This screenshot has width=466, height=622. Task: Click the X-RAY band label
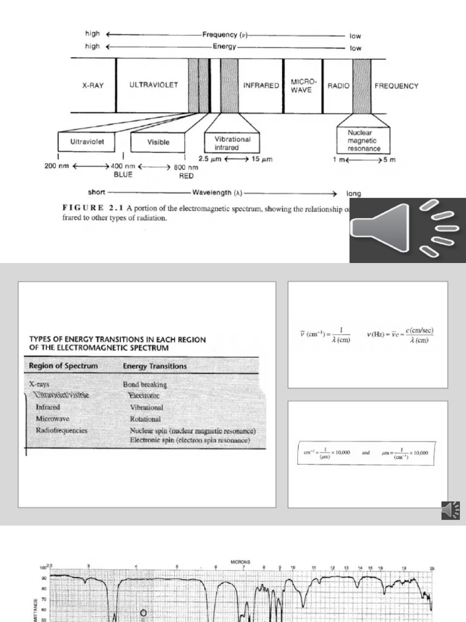(x=93, y=86)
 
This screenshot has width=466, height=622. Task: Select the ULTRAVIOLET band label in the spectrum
(x=154, y=86)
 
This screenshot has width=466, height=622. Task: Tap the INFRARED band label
(x=261, y=86)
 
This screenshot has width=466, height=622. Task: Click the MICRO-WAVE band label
(x=302, y=86)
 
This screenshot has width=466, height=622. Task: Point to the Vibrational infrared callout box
(x=232, y=143)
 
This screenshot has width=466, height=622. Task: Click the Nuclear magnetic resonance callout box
(x=364, y=140)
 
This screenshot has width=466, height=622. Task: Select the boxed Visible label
(x=158, y=143)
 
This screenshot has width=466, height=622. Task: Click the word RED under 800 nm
(x=186, y=176)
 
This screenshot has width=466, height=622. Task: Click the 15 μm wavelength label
(x=261, y=159)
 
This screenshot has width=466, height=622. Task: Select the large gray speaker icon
(x=407, y=230)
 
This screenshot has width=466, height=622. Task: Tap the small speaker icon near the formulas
(x=451, y=511)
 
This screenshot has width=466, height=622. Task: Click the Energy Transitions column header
(x=155, y=366)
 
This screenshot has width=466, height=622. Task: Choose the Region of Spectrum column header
(x=63, y=366)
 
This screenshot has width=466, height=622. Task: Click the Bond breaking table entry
(x=144, y=384)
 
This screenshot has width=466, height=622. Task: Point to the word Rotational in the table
(x=145, y=419)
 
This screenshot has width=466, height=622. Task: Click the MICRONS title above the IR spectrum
(x=240, y=562)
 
